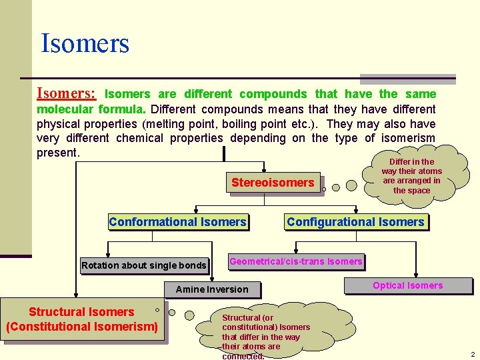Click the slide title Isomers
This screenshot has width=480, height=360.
[85, 44]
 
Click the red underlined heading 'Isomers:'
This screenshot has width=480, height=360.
[66, 93]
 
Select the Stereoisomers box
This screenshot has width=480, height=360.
[273, 183]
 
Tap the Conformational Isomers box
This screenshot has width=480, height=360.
[177, 222]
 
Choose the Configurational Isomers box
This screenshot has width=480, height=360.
[355, 222]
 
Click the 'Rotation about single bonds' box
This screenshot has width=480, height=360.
[143, 265]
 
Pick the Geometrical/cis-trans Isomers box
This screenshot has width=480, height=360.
[296, 261]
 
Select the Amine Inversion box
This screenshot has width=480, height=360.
[211, 289]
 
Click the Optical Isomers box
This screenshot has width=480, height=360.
[407, 285]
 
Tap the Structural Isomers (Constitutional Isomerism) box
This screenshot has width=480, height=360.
[82, 319]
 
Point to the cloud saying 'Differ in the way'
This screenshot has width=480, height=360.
[411, 176]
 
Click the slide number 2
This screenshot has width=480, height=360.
[472, 354]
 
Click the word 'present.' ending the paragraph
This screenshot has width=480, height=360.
[58, 153]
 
